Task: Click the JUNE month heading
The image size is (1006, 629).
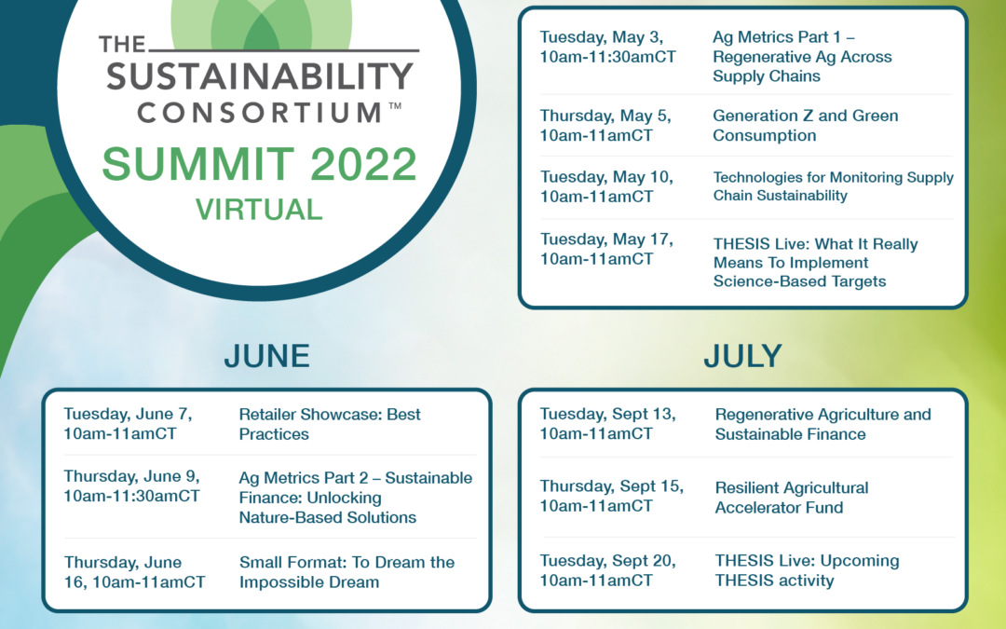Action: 267,356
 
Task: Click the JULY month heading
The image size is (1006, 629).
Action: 743,356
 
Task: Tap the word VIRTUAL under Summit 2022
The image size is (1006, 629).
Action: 259,210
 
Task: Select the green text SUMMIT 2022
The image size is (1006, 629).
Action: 259,164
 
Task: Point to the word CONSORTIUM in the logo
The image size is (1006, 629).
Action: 259,113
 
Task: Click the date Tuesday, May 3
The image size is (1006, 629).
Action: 601,38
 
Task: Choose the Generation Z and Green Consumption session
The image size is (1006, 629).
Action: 805,125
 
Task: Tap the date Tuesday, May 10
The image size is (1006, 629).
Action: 606,177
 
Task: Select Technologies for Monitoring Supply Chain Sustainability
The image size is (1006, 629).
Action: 833,186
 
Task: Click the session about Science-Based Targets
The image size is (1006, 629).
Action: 815,263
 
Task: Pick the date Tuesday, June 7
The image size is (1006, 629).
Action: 128,414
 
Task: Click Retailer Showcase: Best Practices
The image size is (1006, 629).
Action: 330,424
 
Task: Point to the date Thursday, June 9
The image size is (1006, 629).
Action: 131,476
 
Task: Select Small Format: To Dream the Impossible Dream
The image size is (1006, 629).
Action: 347,572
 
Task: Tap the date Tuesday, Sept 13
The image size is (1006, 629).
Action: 607,414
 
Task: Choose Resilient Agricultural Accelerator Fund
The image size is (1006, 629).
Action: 792,498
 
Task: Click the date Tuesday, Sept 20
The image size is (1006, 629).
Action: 607,561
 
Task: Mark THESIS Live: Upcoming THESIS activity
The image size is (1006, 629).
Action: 807,570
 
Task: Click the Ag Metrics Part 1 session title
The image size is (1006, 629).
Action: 802,57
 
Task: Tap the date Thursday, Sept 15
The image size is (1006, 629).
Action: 611,486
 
